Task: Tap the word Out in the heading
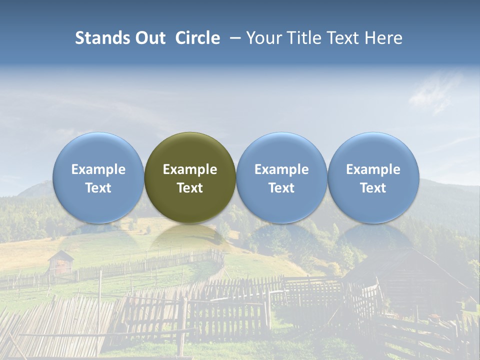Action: (149, 38)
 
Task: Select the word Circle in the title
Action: (197, 38)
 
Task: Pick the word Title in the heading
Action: (301, 38)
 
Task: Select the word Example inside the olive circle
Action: (190, 169)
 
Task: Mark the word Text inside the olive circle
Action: (190, 188)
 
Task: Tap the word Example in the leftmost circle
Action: (98, 169)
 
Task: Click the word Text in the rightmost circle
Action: (373, 188)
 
